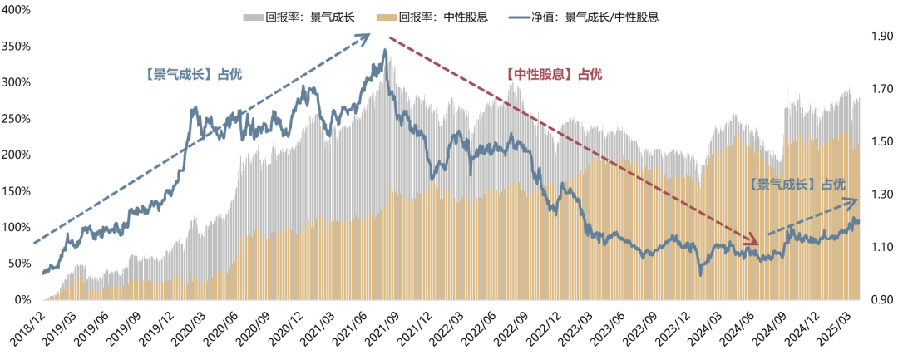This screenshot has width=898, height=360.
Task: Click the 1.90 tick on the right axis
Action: (x=881, y=37)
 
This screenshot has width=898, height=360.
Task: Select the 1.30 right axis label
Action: (x=881, y=195)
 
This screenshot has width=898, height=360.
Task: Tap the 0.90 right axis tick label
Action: (x=881, y=299)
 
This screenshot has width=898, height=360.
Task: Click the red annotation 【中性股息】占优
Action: (x=554, y=75)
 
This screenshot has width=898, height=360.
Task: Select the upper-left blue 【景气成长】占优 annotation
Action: (x=193, y=73)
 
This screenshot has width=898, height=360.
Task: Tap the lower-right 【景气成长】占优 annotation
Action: (x=797, y=184)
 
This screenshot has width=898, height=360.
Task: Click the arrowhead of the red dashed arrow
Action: (x=753, y=242)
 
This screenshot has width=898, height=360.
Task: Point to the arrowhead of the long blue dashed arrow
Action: (x=365, y=37)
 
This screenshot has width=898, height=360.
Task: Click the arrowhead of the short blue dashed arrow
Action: (x=855, y=200)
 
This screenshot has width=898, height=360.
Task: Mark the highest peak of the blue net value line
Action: (x=384, y=51)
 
